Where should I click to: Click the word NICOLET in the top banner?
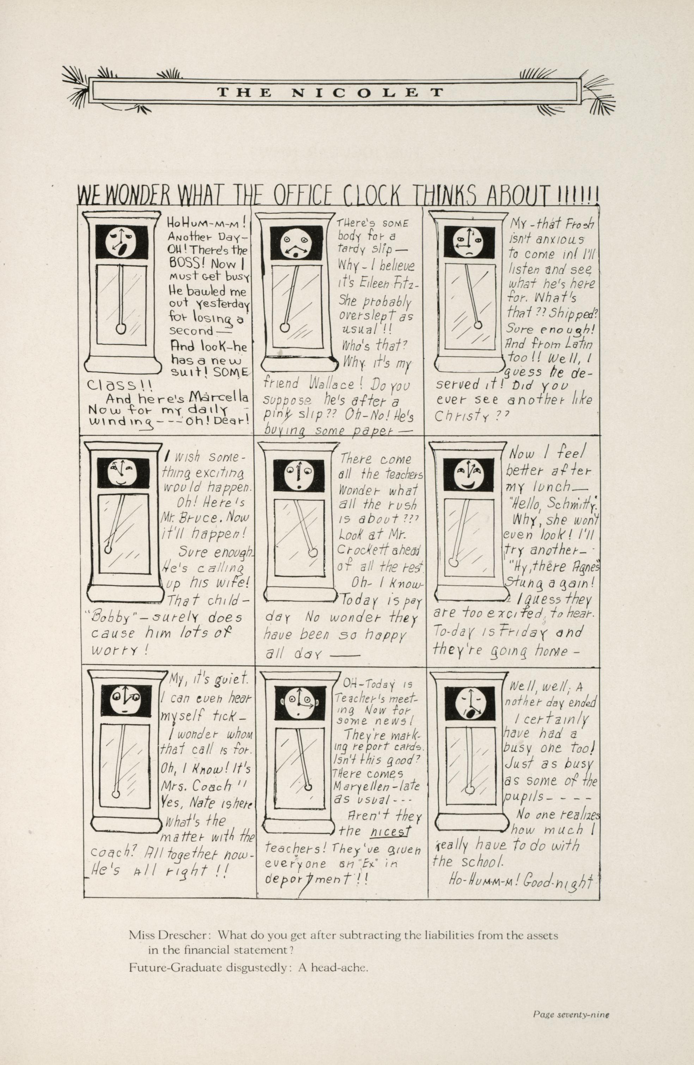(367, 93)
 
